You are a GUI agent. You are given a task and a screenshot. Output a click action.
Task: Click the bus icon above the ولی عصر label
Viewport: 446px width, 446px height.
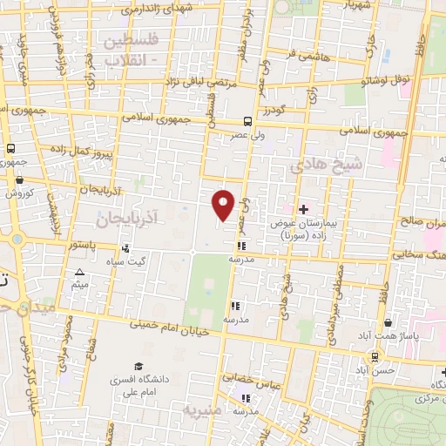(x=249, y=122)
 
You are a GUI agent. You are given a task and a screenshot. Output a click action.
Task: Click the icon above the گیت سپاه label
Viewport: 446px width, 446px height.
(x=138, y=248)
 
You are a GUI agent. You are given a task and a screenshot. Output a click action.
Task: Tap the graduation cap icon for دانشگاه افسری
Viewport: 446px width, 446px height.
(x=138, y=367)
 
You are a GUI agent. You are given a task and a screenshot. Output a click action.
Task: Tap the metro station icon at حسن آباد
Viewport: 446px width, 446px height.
(x=375, y=355)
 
